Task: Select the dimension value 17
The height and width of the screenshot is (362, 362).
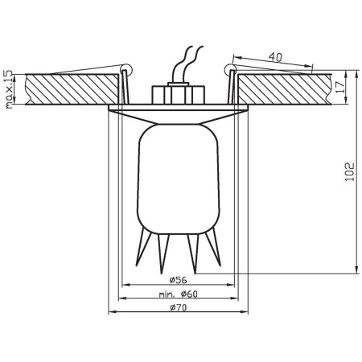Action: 340,85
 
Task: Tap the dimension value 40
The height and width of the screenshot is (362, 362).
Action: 275,57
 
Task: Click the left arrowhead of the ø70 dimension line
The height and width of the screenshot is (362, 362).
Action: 110,314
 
